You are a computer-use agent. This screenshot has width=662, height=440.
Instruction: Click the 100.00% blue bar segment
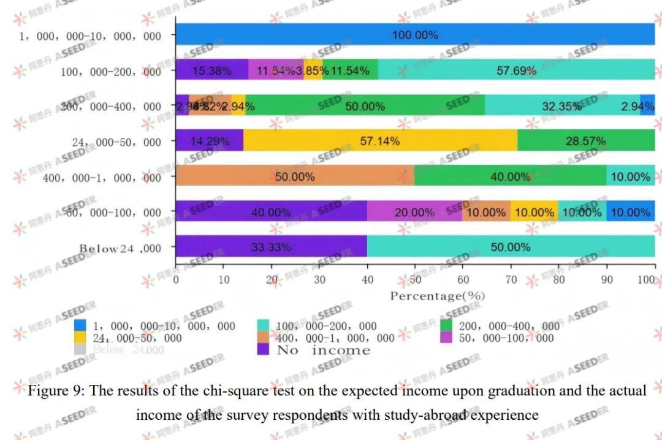coord(415,35)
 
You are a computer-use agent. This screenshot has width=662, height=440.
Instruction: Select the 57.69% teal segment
coord(516,70)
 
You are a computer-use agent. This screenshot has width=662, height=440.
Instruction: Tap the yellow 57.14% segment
coord(380,141)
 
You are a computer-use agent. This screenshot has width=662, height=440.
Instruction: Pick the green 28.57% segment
coord(586,141)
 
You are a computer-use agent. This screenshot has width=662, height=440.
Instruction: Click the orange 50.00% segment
coord(295,176)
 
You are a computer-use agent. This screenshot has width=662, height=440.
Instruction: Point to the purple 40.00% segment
coord(271,212)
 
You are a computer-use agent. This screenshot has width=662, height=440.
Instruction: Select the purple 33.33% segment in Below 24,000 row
coord(271,247)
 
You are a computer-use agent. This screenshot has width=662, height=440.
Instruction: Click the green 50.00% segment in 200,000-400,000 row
coord(365,106)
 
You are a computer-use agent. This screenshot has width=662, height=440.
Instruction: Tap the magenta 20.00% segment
coord(414,212)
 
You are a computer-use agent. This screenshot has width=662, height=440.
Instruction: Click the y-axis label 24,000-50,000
coord(116,142)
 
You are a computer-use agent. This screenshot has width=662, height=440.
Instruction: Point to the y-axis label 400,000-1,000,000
coord(102,178)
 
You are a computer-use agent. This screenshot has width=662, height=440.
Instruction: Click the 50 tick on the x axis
coord(416,280)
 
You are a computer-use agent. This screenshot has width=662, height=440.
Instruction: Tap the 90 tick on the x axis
coord(607,280)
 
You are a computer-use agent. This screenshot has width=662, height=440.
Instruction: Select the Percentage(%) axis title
coord(437,296)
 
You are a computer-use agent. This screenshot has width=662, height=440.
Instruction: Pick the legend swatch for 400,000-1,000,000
coord(264,338)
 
